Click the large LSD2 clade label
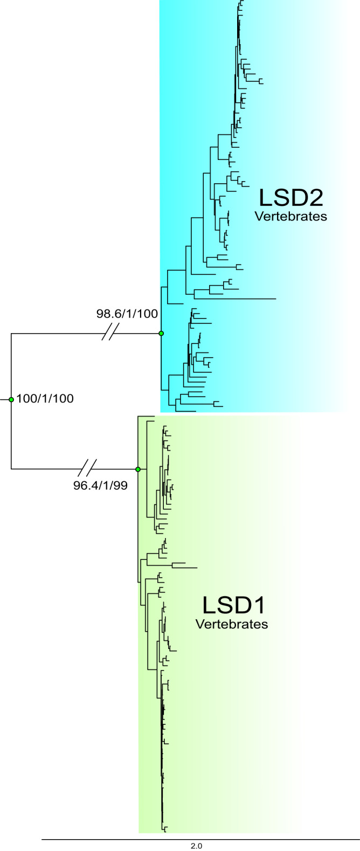[x=290, y=198]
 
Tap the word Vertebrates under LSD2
[x=291, y=217]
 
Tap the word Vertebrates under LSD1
[x=232, y=625]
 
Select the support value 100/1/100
[x=45, y=399]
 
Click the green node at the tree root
[x=11, y=399]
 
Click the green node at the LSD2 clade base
[x=161, y=334]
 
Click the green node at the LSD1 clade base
[x=138, y=469]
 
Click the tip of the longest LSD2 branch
[x=276, y=298]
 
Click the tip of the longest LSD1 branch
[x=197, y=567]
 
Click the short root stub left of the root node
[x=5, y=399]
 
